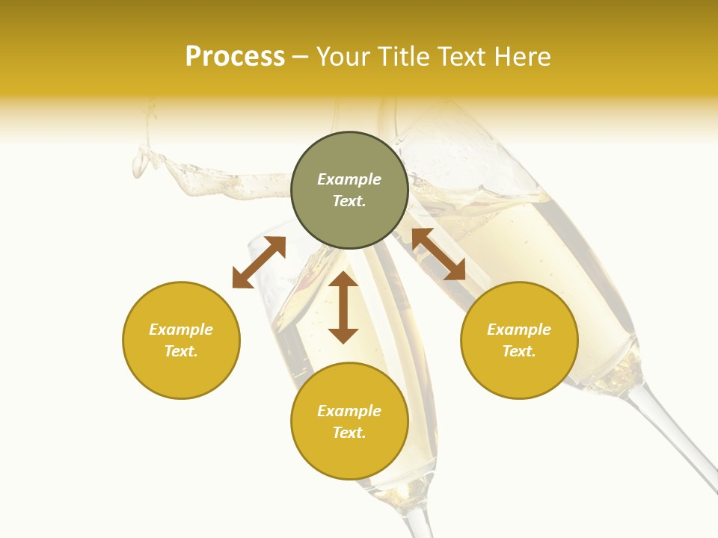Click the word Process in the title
235,57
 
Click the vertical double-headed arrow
343,307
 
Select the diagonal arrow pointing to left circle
259,262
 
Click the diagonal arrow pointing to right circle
438,254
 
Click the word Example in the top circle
349,179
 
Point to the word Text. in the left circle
181,351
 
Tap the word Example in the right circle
519,330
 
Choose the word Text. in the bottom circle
349,433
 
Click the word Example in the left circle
181,330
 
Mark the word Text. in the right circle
519,351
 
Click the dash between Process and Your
301,58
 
